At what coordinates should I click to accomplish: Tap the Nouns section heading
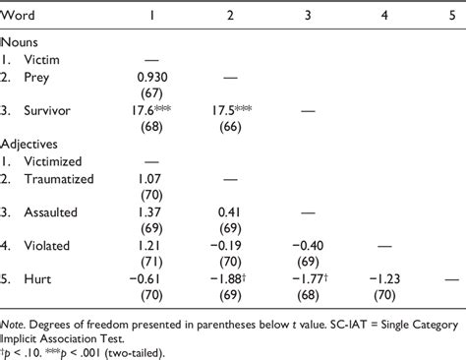(22, 42)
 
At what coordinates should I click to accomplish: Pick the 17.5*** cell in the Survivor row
(232, 110)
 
